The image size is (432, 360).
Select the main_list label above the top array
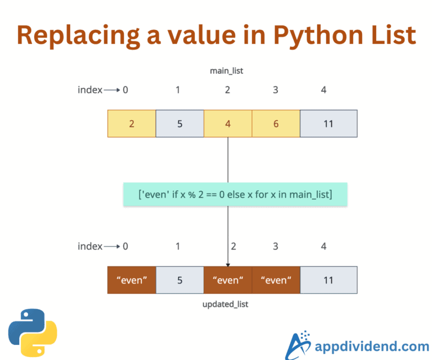[x=228, y=71]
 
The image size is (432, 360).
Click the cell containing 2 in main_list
[x=131, y=124]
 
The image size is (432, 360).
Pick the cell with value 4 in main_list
[x=227, y=124]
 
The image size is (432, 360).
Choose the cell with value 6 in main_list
[x=276, y=124]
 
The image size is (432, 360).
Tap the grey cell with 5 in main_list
[x=179, y=124]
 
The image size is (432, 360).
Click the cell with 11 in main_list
[x=328, y=124]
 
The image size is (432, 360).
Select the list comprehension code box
[x=235, y=194]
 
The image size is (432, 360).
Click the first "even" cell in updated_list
[x=131, y=280]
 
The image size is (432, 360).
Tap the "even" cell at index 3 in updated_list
[x=276, y=280]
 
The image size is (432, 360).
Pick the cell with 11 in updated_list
[x=328, y=280]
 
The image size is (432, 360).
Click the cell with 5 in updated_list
[x=179, y=280]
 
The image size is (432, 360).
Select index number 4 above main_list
[x=323, y=90]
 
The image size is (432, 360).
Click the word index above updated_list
[x=89, y=246]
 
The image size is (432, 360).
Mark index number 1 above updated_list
[x=178, y=246]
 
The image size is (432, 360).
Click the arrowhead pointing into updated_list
[x=228, y=264]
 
